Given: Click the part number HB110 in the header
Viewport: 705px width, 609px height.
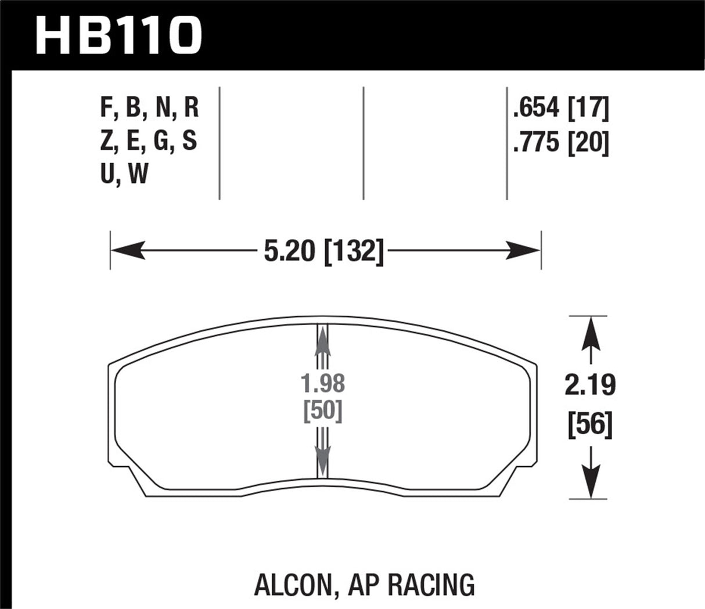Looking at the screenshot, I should [119, 36].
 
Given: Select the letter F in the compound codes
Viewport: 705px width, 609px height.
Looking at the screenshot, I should [106, 108].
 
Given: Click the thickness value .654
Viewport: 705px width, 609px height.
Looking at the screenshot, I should [536, 108].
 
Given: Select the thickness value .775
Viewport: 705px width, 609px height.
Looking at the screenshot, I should [536, 143].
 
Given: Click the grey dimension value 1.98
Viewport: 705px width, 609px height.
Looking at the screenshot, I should [323, 385].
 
